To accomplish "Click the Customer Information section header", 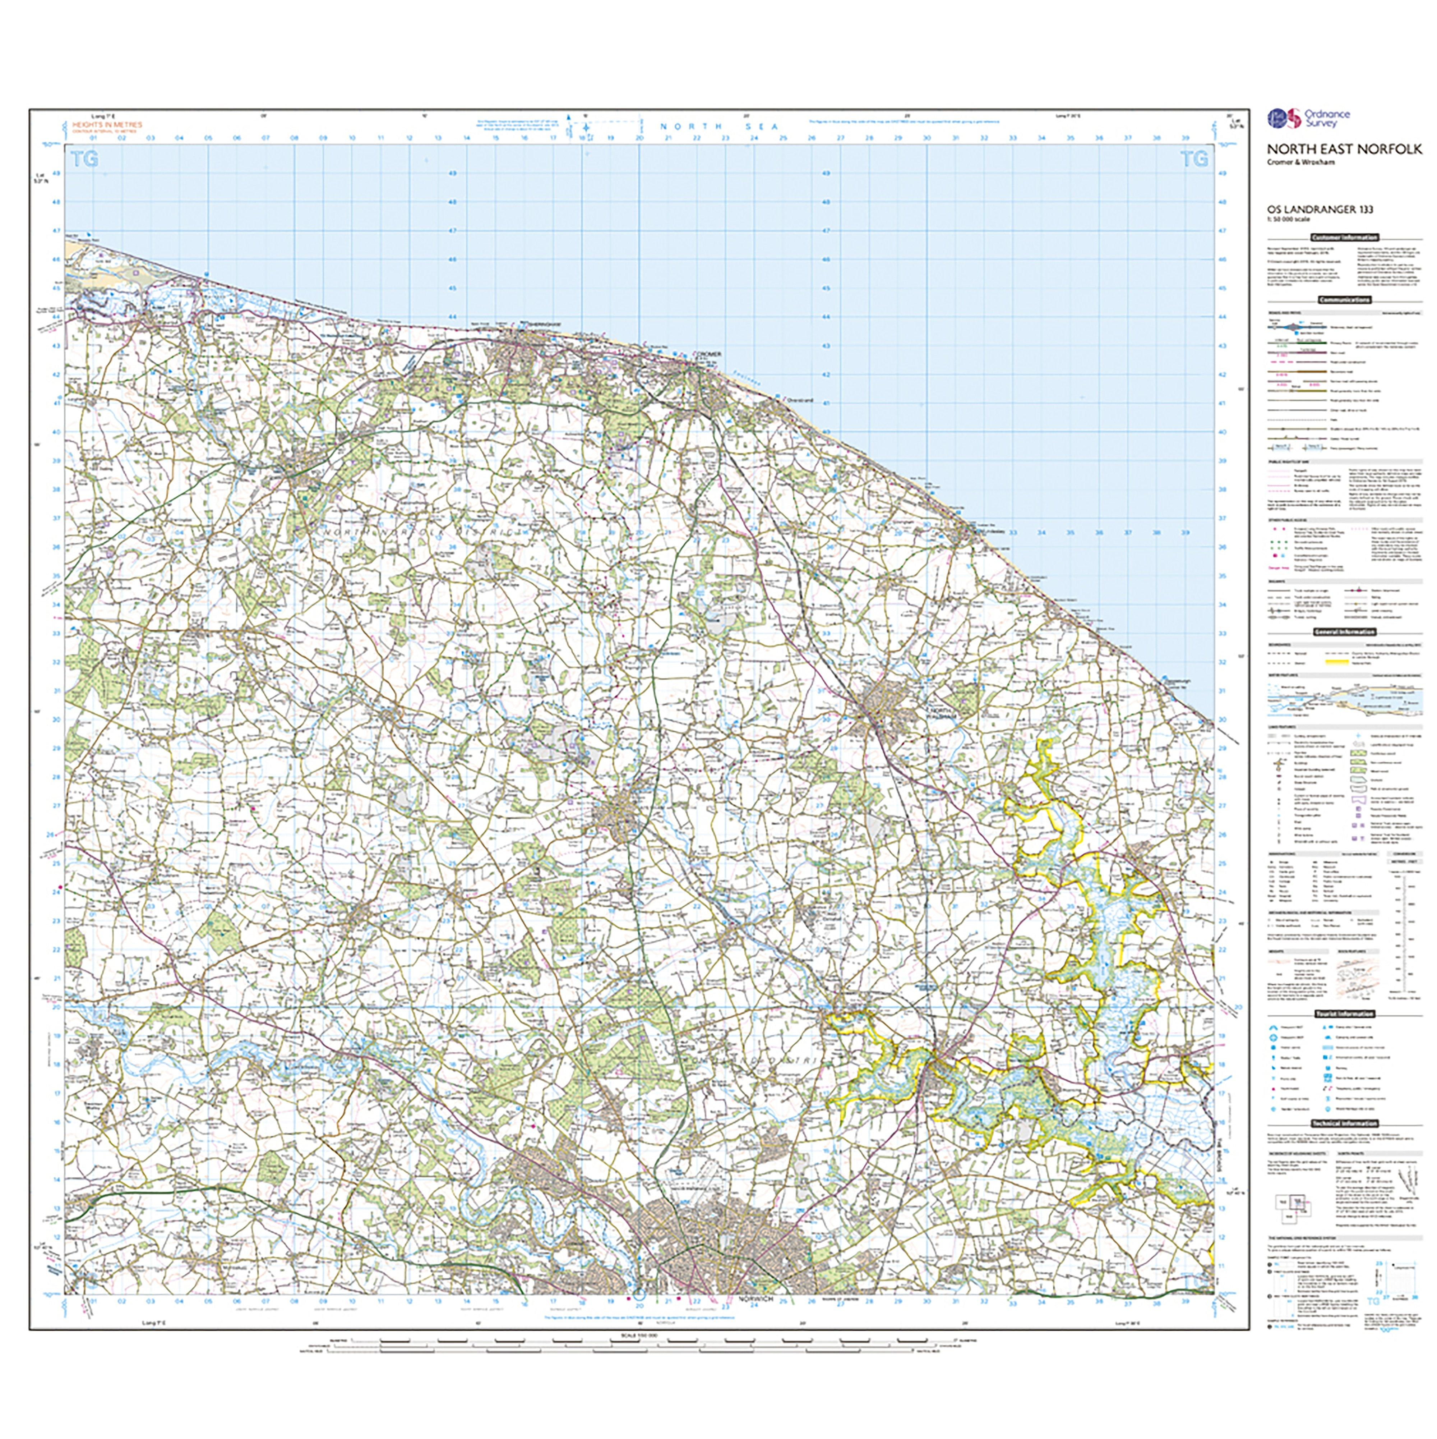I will pos(1344,237).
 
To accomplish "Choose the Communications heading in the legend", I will pos(1344,299).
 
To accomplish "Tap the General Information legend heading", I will pos(1344,631).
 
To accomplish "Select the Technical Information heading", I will pos(1344,1123).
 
